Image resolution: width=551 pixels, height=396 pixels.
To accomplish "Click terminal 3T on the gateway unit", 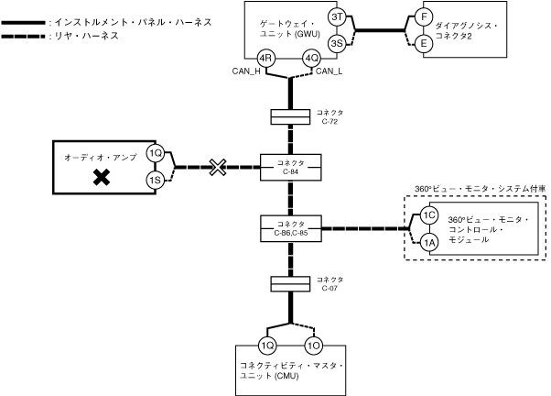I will coord(337,18).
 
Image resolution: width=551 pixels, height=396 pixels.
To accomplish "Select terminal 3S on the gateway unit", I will coord(337,42).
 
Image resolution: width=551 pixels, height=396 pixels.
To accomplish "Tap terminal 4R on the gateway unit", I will coord(267,60).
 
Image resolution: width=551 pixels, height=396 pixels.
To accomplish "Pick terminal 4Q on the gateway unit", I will coord(312,60).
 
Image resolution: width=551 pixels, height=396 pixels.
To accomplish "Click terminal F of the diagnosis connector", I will coord(423,17).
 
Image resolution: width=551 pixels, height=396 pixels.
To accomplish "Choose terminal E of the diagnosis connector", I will coord(423,42).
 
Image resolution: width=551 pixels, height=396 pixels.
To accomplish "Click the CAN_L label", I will coord(330,73).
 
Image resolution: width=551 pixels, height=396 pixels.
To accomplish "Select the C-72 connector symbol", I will coord(289,117).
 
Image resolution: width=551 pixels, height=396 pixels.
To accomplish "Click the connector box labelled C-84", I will coord(289,167).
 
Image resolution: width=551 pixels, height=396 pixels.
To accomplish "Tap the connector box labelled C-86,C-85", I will coord(289,225).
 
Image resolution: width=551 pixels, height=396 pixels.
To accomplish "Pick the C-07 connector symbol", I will coord(289,284).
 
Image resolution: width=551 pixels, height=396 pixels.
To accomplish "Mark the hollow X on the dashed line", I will coord(217,167).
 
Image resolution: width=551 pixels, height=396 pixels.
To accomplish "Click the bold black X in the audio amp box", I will coord(103,179).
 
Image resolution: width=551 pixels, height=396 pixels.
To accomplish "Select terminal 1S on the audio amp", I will coord(155,181).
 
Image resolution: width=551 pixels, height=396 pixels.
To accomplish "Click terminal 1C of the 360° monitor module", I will coord(429,216).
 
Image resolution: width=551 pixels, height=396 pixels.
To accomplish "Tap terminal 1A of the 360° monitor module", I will coord(429,242).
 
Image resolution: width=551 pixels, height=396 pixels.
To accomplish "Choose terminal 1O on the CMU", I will coord(314,346).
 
